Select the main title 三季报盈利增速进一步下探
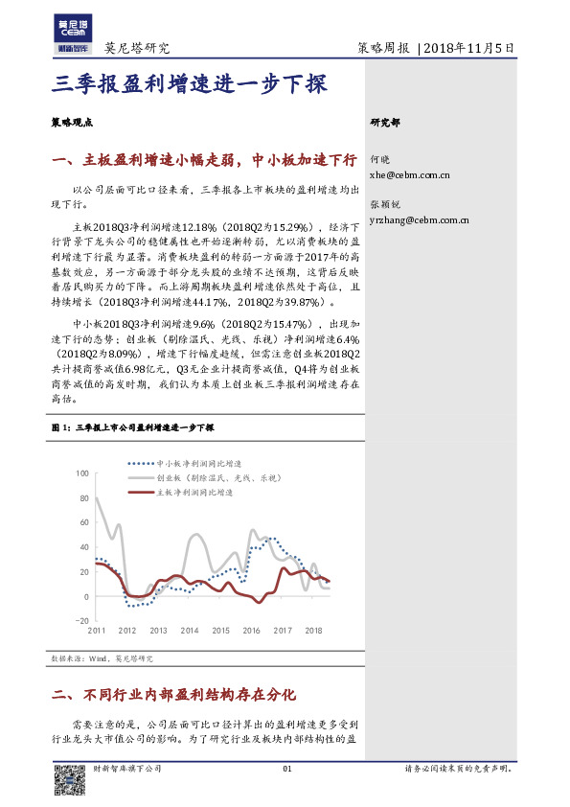[x=190, y=84]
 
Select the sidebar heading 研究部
[x=385, y=123]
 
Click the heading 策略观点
[x=71, y=123]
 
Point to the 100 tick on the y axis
[x=80, y=473]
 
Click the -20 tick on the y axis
[x=80, y=621]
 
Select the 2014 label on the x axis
[x=190, y=631]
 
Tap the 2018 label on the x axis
[x=313, y=631]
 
